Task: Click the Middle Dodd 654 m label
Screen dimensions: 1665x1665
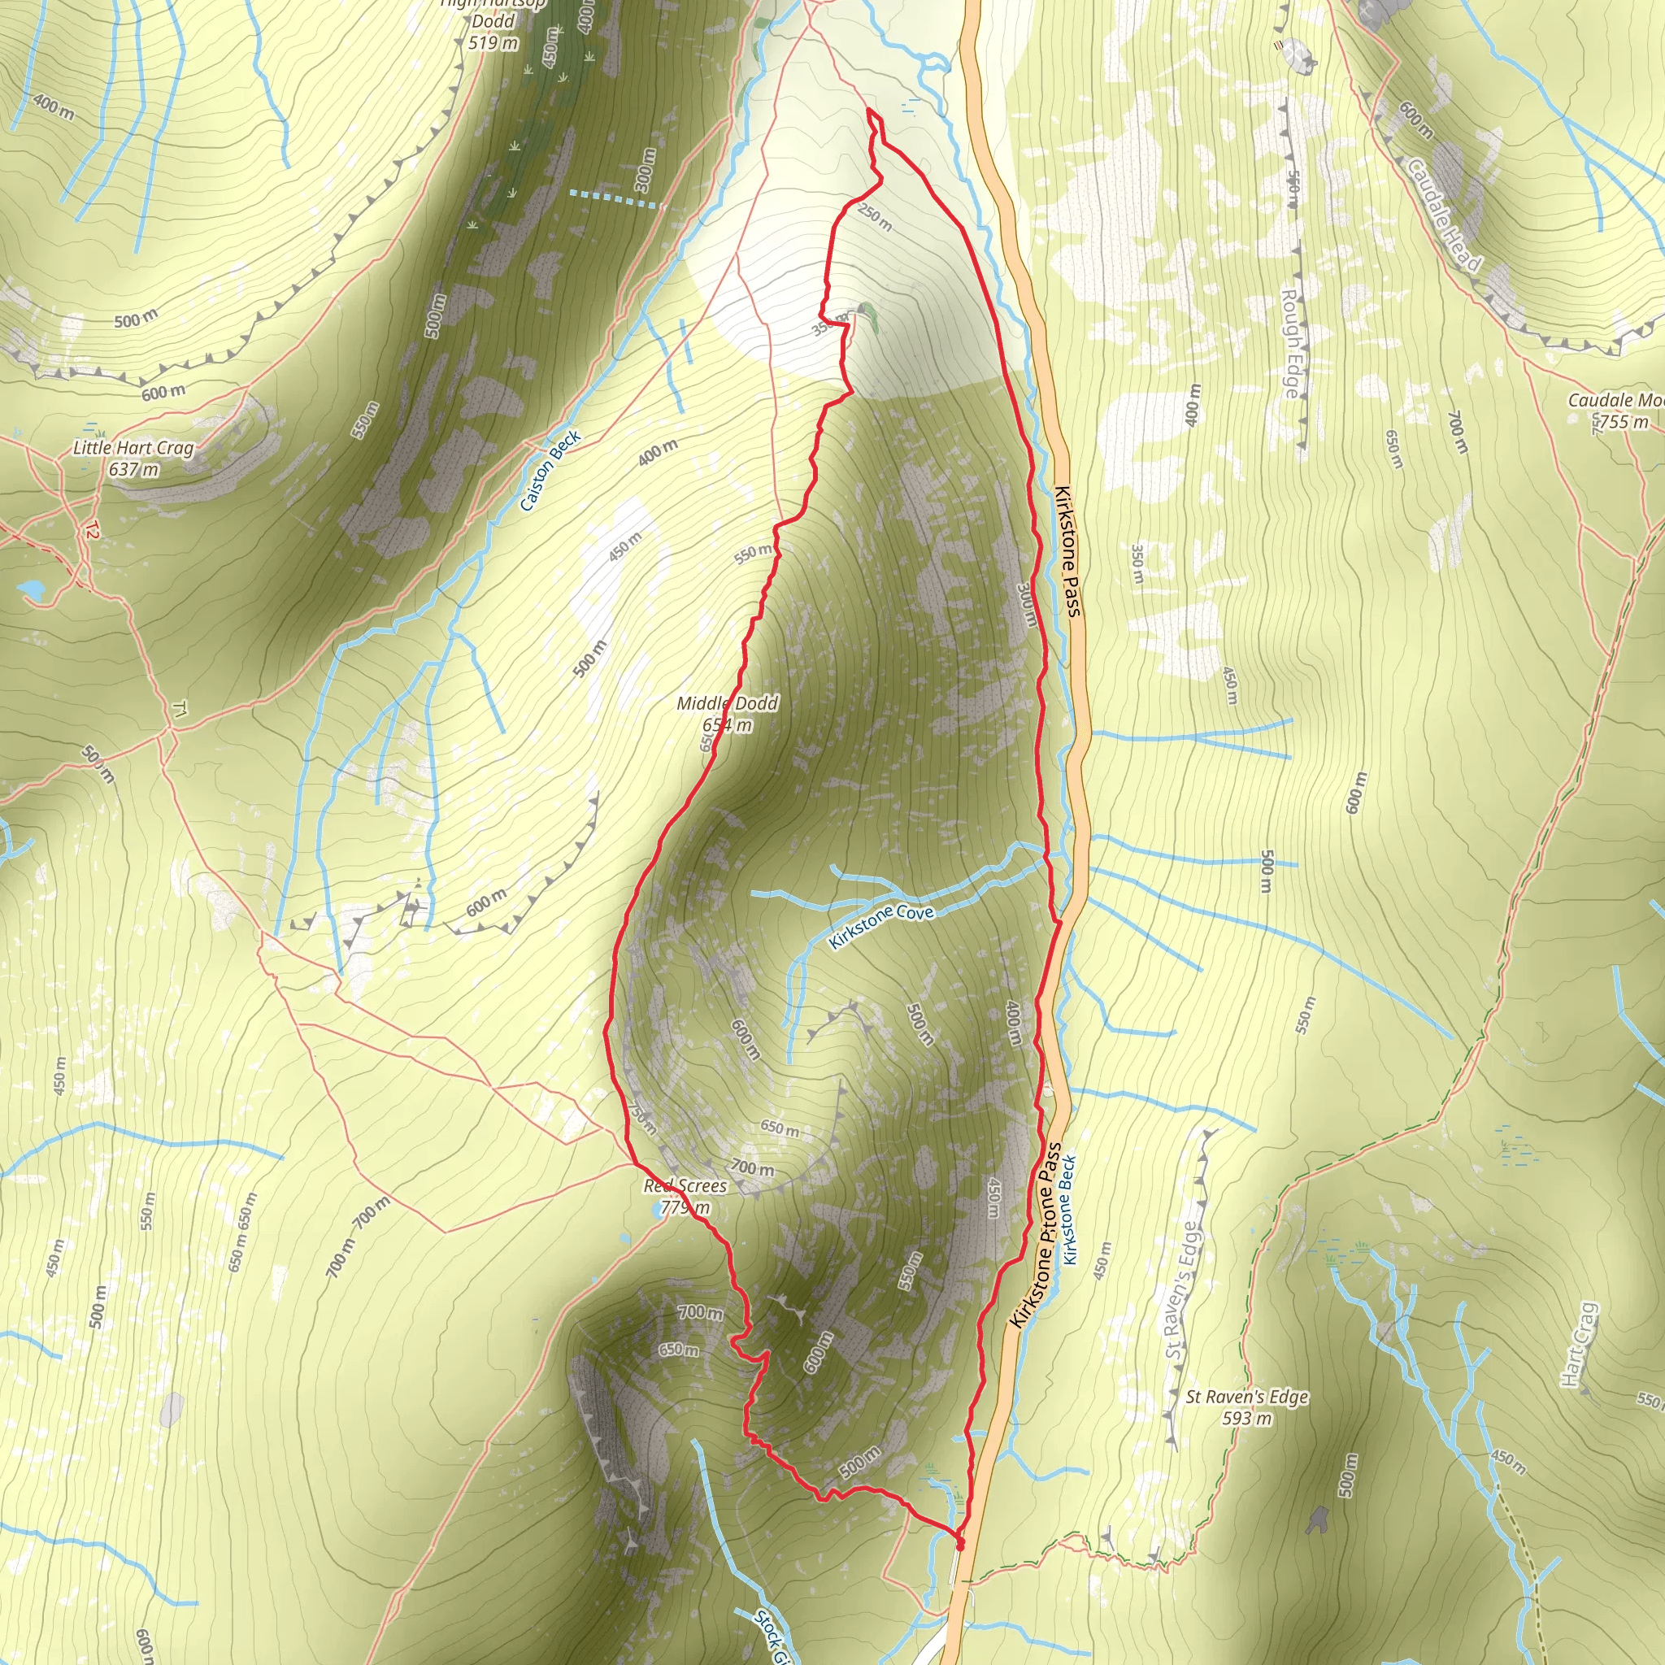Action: click(728, 715)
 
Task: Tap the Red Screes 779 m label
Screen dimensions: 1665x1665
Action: click(685, 1196)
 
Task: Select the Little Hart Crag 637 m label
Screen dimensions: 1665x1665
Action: click(133, 459)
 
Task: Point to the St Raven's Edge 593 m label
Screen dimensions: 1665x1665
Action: click(1246, 1407)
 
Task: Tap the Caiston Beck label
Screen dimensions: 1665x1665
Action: click(550, 471)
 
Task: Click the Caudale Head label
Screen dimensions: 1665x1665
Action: click(1444, 215)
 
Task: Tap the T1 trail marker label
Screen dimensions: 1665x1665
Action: click(179, 709)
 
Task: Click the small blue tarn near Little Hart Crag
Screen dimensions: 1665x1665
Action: click(33, 589)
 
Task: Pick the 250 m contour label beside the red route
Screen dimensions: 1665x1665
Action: click(875, 217)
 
